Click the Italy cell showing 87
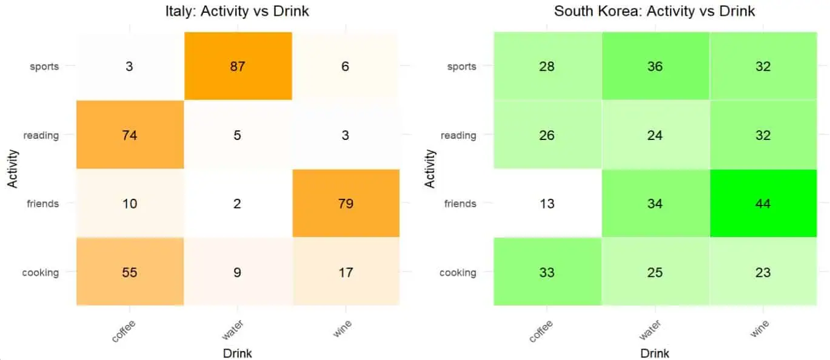238,66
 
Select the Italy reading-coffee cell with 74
130,135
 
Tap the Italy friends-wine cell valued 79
345,204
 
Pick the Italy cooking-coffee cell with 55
130,272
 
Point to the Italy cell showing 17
345,272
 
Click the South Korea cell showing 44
763,204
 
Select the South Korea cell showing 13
547,204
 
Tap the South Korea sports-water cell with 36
655,66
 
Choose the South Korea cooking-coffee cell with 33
547,272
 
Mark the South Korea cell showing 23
763,272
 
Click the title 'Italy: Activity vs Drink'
237,11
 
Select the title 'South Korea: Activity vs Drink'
654,11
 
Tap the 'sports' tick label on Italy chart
44,66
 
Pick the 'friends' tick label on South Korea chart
460,204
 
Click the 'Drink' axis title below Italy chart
237,353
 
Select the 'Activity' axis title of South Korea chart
430,168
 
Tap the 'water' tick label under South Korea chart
649,331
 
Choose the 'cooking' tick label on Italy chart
41,272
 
